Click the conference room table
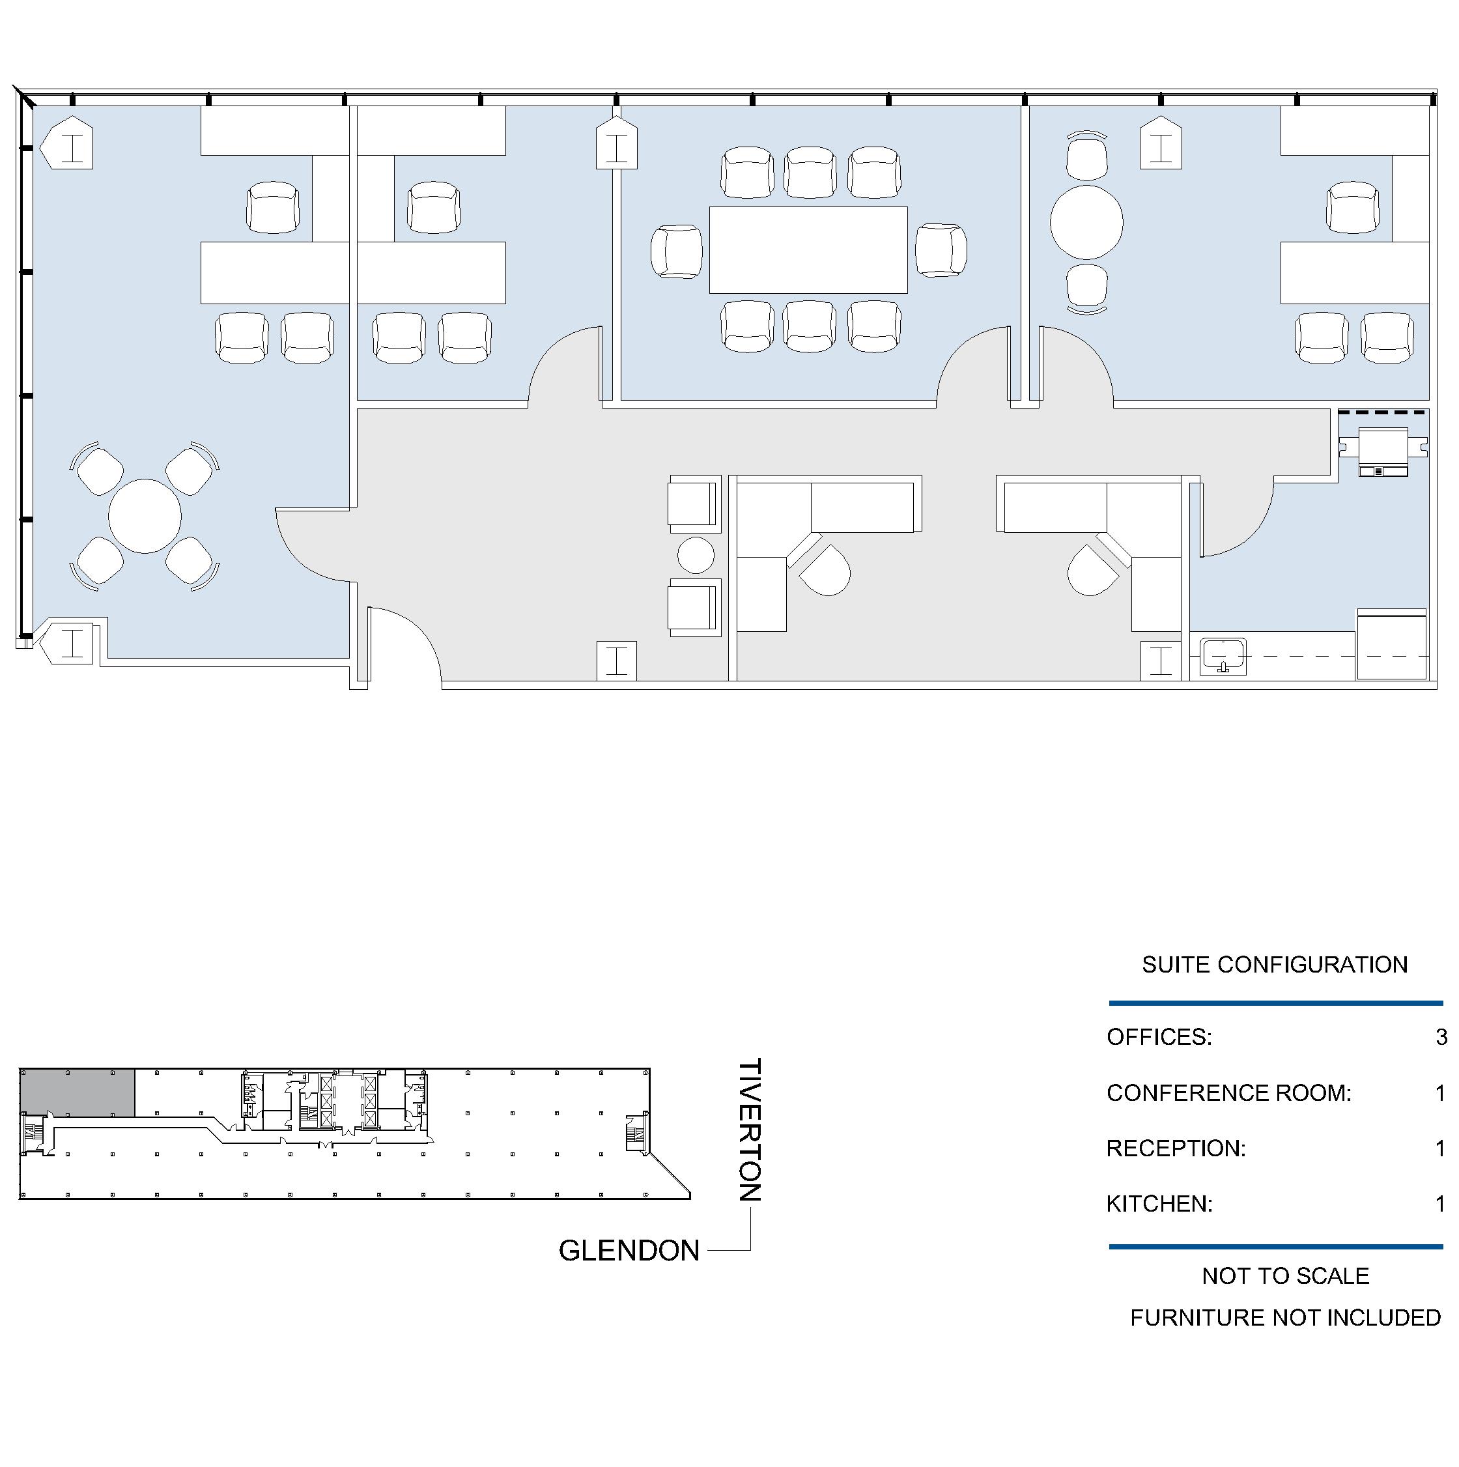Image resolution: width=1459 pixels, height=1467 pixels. pyautogui.click(x=808, y=249)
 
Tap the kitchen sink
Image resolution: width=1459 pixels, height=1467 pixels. pyautogui.click(x=1223, y=656)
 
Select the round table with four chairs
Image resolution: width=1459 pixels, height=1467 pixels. pyautogui.click(x=144, y=517)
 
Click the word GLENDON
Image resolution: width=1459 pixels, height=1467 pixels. pyautogui.click(x=629, y=1251)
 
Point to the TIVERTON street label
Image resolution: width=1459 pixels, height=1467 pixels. pyautogui.click(x=749, y=1130)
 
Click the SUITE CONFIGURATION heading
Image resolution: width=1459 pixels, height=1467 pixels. pyautogui.click(x=1275, y=964)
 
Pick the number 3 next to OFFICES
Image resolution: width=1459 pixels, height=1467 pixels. pyautogui.click(x=1441, y=1037)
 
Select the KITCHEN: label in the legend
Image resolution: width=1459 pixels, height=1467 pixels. pyautogui.click(x=1159, y=1204)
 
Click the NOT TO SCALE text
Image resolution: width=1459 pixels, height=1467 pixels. pyautogui.click(x=1285, y=1275)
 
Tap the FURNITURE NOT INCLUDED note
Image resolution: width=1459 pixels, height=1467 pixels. pyautogui.click(x=1285, y=1317)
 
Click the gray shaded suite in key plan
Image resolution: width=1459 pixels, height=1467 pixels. pyautogui.click(x=78, y=1092)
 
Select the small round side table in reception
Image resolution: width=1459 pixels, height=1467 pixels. pyautogui.click(x=696, y=555)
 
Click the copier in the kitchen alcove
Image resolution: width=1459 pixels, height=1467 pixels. pyautogui.click(x=1382, y=451)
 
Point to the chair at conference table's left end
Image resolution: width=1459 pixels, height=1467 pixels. pyautogui.click(x=676, y=251)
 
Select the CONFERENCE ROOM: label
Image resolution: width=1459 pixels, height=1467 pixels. pyautogui.click(x=1229, y=1092)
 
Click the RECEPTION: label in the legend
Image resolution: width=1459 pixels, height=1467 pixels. pyautogui.click(x=1176, y=1148)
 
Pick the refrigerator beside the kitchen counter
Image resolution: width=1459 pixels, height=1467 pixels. pyautogui.click(x=1391, y=645)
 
